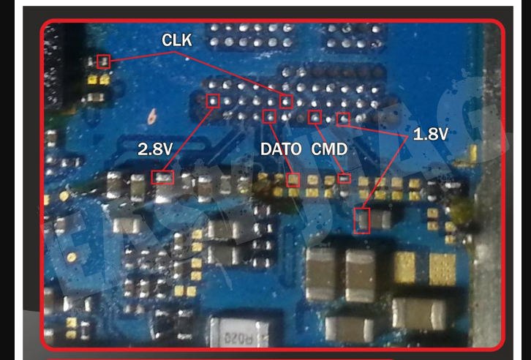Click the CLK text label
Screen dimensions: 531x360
pyautogui.click(x=177, y=42)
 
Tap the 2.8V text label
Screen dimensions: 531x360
pyautogui.click(x=154, y=149)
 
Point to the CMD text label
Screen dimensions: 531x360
pyautogui.click(x=329, y=149)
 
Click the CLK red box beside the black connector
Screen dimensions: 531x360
pyautogui.click(x=103, y=61)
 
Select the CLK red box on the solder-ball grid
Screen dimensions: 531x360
pyautogui.click(x=286, y=101)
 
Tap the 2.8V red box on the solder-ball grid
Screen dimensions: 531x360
pyautogui.click(x=214, y=100)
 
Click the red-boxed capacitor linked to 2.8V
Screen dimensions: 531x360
pyautogui.click(x=162, y=176)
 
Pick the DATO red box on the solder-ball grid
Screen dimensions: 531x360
pyautogui.click(x=270, y=115)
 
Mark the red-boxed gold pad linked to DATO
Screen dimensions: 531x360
pyautogui.click(x=293, y=179)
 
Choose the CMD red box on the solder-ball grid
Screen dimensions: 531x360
pyautogui.click(x=315, y=116)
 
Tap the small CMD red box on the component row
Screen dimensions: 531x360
pyautogui.click(x=344, y=178)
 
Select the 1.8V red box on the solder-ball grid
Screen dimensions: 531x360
pyautogui.click(x=343, y=118)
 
